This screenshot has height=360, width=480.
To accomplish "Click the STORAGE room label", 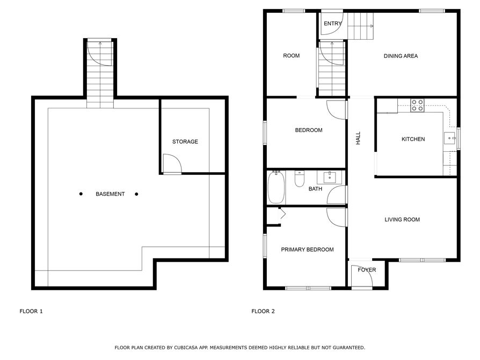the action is (185, 142).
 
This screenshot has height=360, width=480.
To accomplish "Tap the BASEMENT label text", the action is (110, 194).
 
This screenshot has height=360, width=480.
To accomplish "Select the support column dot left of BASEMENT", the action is (81, 194).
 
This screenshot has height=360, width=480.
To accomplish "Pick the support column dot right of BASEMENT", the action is (136, 194).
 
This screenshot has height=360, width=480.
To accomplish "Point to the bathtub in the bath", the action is (276, 187).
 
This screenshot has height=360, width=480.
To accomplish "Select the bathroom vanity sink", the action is (329, 177).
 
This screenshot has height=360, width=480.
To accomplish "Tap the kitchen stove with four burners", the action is (417, 105).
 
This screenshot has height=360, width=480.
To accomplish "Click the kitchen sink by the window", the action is (450, 138).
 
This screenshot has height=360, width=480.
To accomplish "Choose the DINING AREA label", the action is (401, 56).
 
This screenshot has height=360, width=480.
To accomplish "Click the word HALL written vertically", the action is (358, 138).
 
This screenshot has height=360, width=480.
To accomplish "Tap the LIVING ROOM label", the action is (402, 219).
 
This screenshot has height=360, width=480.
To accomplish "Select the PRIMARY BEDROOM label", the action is (307, 249).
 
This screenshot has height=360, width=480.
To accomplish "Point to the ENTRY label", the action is (332, 24).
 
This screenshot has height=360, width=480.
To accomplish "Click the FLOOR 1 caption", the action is (31, 311).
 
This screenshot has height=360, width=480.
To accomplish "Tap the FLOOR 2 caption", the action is (263, 311).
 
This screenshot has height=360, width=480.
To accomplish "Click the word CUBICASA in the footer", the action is (186, 348).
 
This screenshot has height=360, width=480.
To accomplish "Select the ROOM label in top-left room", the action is (291, 56).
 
